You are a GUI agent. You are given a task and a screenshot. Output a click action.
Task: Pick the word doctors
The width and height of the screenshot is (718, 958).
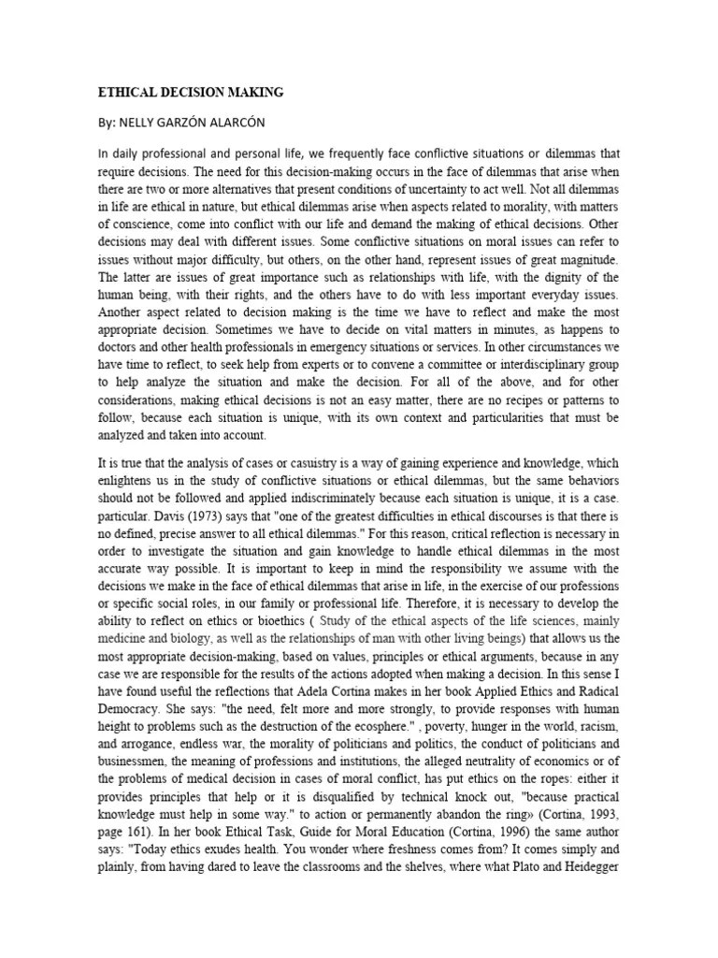tap(120, 348)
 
